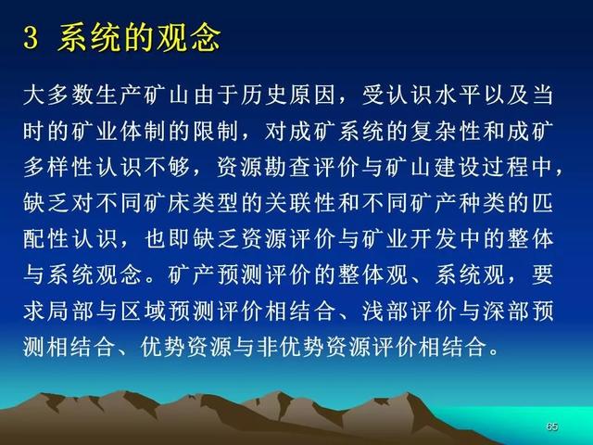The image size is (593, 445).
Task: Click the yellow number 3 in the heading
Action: pyautogui.click(x=31, y=39)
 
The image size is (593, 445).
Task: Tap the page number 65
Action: pyautogui.click(x=552, y=426)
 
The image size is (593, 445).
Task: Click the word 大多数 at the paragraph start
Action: pyautogui.click(x=59, y=95)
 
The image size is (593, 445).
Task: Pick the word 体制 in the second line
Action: pyautogui.click(x=145, y=132)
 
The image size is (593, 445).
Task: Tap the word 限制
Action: pyautogui.click(x=217, y=132)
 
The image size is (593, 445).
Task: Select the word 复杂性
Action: pyautogui.click(x=447, y=132)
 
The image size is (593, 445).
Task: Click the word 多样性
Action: pyautogui.click(x=59, y=168)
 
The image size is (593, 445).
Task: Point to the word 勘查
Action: pyautogui.click(x=289, y=168)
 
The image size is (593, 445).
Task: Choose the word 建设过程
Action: pyautogui.click(x=483, y=168)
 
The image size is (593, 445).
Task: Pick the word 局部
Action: pyautogui.click(x=71, y=312)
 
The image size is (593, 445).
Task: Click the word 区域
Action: pyautogui.click(x=145, y=312)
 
